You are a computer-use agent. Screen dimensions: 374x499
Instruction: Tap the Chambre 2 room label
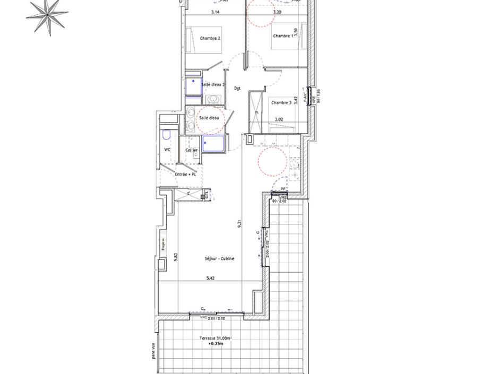(x=210, y=38)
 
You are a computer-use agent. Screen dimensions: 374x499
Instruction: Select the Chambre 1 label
(x=282, y=36)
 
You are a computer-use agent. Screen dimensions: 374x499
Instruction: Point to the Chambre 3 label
(x=281, y=102)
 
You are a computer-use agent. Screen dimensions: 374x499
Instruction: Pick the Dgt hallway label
(x=237, y=88)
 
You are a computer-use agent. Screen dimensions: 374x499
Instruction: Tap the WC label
(x=167, y=150)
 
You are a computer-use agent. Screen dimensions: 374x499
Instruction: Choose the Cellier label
(x=192, y=150)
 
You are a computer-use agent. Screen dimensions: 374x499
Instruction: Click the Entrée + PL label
(x=186, y=174)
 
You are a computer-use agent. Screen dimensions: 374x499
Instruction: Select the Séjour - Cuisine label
(x=220, y=258)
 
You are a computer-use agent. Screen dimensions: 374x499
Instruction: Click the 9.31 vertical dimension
(x=240, y=224)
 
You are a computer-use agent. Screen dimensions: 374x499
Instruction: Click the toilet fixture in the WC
(x=166, y=134)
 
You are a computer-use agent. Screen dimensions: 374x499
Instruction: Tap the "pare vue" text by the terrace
(x=153, y=350)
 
